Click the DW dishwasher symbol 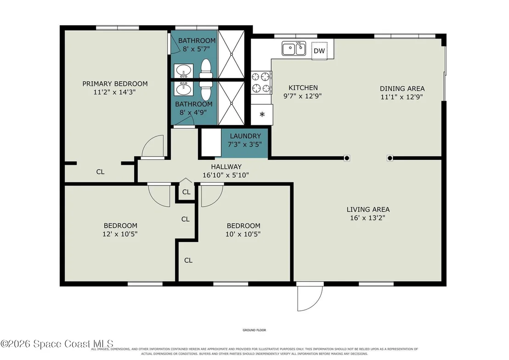319,51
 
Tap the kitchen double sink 294,49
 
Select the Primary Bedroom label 115,84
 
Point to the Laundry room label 245,136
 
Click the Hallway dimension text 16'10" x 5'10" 226,175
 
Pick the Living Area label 368,210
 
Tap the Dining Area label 402,89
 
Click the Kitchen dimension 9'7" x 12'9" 303,96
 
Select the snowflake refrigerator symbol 262,114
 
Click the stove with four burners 261,83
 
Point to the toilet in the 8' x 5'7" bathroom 205,68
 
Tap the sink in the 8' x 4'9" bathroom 184,89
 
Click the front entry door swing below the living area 310,297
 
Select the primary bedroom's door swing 153,147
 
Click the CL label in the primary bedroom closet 100,172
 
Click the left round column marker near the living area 347,158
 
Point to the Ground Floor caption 254,330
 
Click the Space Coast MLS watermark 57,344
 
